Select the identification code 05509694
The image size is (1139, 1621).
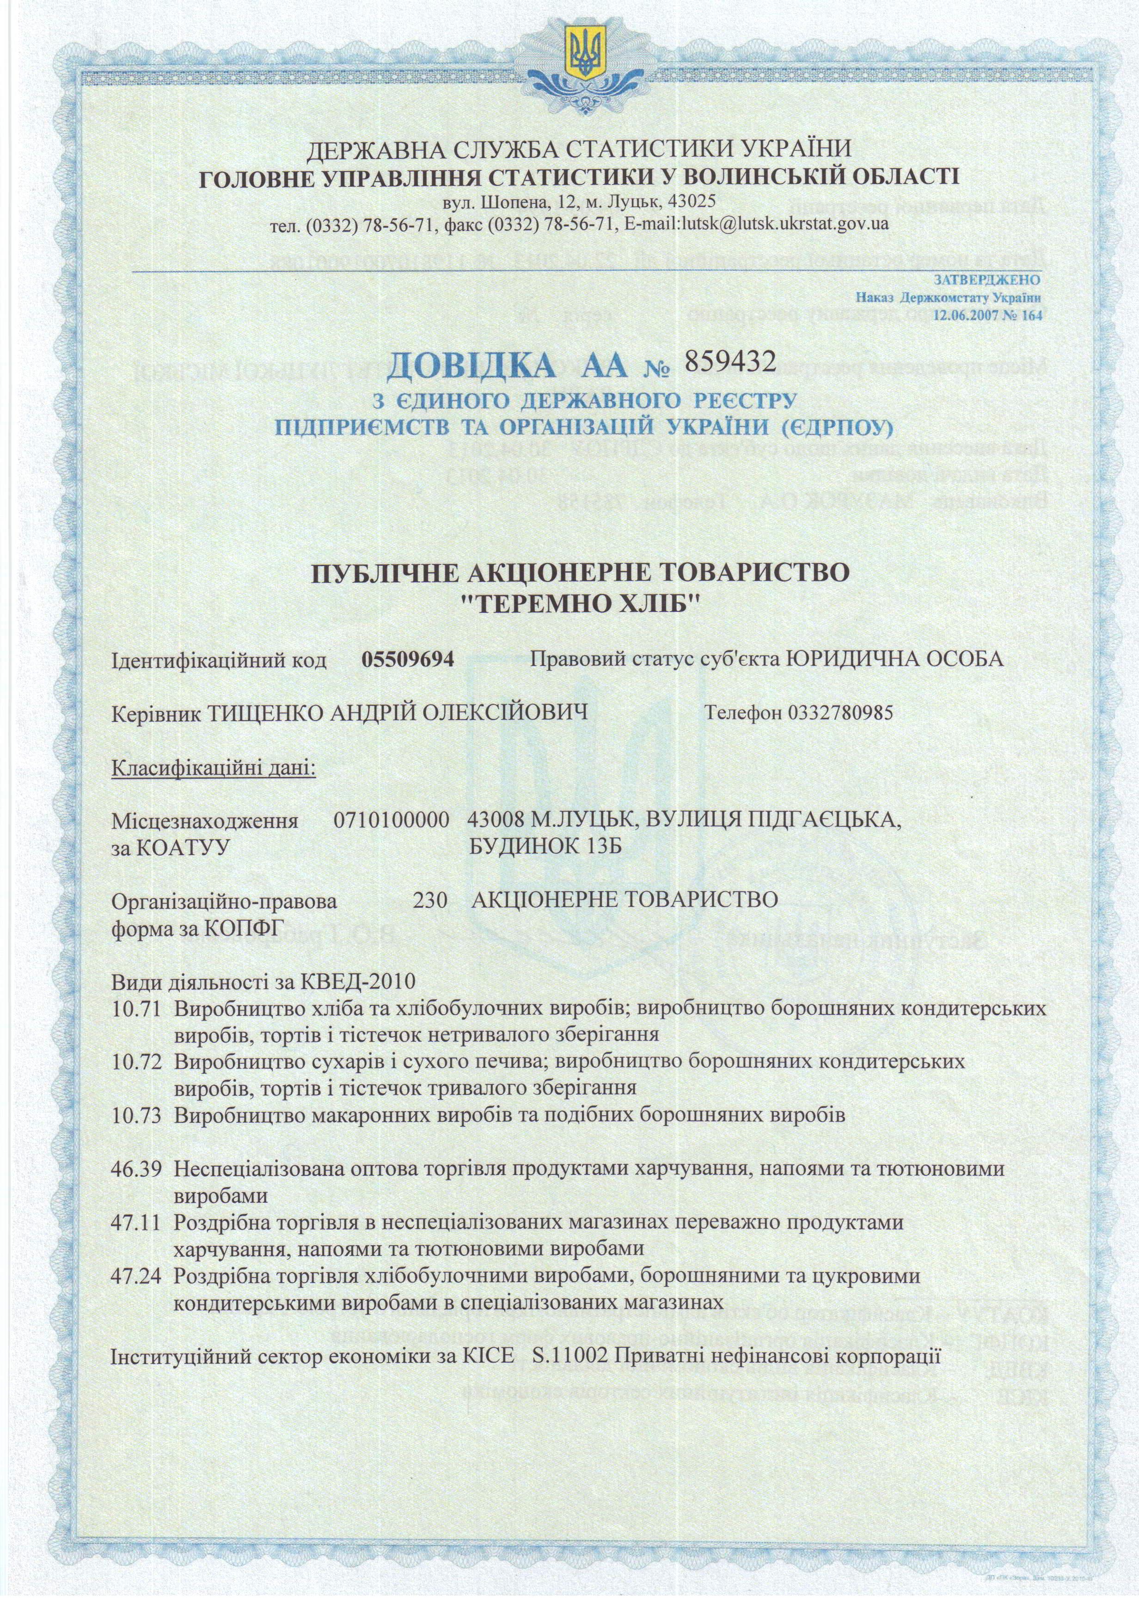point(407,660)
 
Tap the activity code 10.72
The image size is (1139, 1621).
point(138,1062)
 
